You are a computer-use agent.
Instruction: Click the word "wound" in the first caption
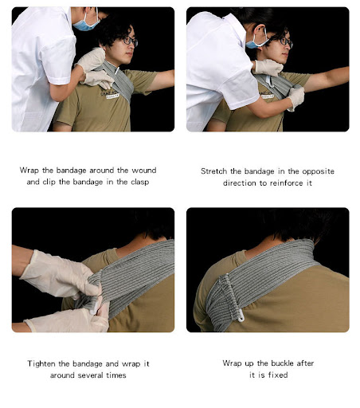(x=144, y=171)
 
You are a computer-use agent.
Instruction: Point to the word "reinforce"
(x=287, y=183)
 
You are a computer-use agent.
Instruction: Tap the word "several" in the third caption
(x=90, y=375)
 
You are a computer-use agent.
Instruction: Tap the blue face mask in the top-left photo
(x=85, y=24)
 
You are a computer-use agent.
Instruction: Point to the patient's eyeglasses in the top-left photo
(x=130, y=41)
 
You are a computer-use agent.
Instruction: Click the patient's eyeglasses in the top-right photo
(x=286, y=41)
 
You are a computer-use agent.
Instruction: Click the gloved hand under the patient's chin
(x=268, y=68)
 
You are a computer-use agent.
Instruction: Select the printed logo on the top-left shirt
(x=109, y=94)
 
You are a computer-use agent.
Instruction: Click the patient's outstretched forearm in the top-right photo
(x=327, y=79)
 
